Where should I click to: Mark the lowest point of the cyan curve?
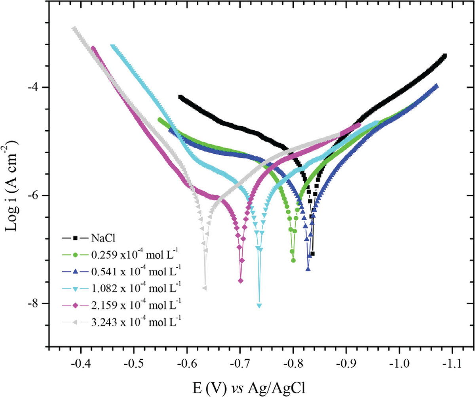[259, 305]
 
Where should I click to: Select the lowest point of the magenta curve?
[240, 281]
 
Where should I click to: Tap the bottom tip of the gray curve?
[205, 288]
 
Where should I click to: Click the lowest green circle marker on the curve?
[293, 260]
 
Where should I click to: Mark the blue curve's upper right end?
[436, 86]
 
